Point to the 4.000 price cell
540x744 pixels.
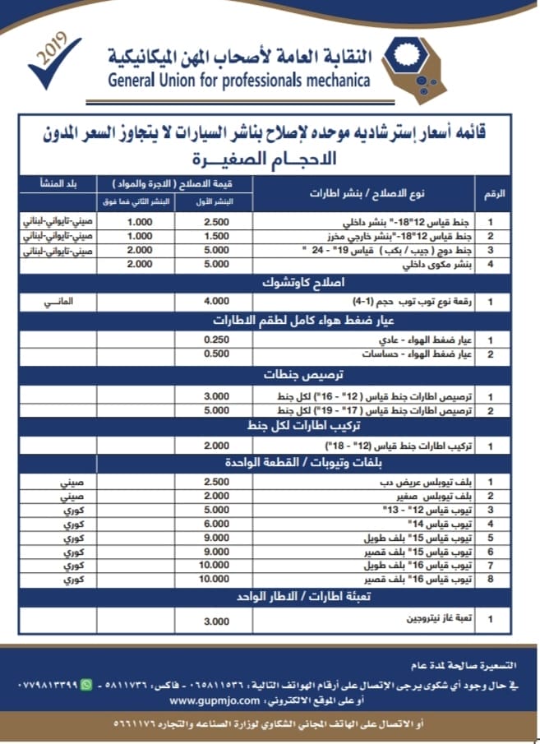click(x=217, y=302)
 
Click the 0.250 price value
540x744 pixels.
click(x=217, y=339)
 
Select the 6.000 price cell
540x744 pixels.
click(x=217, y=523)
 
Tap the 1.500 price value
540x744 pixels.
click(x=217, y=236)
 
